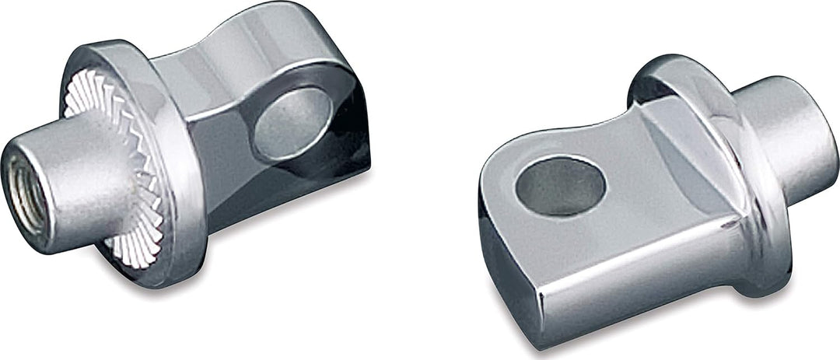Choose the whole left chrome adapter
(x=187, y=156)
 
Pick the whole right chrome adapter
(x=653, y=202)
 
